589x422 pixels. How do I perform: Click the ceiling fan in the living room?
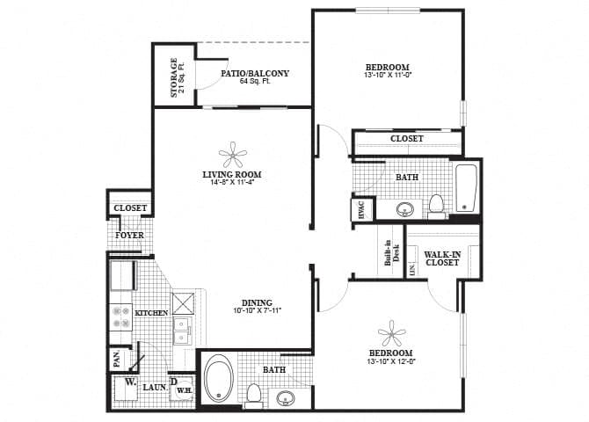click(232, 156)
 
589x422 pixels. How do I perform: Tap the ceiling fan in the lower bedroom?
click(391, 334)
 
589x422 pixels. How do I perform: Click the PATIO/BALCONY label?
click(255, 73)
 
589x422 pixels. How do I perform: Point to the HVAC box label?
click(360, 210)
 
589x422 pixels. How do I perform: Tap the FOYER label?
click(129, 236)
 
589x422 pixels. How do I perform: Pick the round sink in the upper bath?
click(406, 210)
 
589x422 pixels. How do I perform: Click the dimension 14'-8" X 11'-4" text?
click(232, 183)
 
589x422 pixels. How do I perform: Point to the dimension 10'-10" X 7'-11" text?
click(257, 311)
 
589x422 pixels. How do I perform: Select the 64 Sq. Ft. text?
click(254, 82)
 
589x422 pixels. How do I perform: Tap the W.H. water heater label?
click(185, 389)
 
